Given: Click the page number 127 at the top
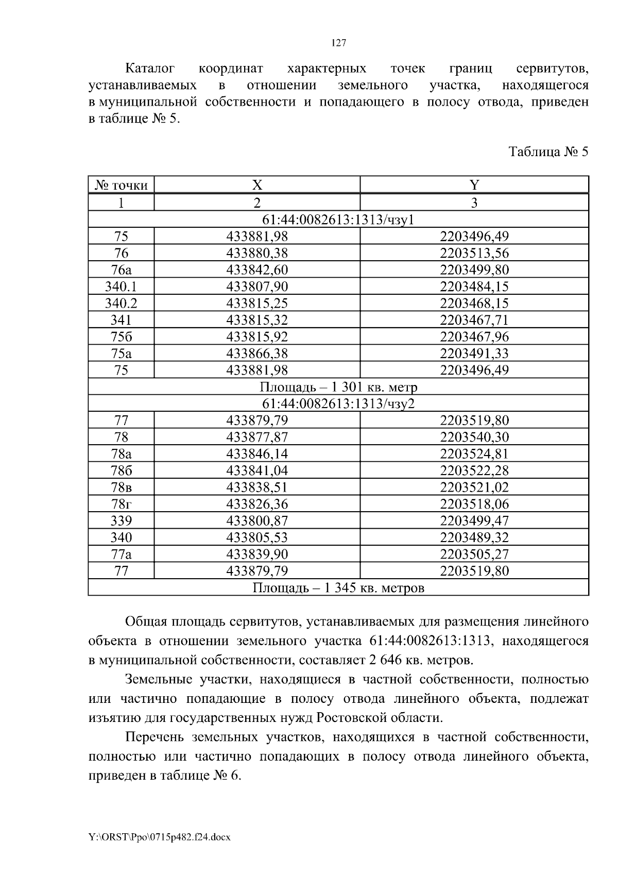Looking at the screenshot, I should point(338,43).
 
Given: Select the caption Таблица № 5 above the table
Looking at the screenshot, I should point(548,152).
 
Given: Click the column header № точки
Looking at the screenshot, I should point(122,186).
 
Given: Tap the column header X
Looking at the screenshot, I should point(257,186).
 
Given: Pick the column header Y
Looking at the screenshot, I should point(474,186).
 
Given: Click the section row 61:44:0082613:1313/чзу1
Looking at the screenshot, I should point(338,220).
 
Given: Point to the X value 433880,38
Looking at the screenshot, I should point(257,253).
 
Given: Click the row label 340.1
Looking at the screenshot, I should point(121,287).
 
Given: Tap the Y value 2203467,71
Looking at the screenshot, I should point(474,320).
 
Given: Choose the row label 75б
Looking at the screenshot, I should point(121,337).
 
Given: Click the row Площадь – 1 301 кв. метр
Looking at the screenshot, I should point(338,387).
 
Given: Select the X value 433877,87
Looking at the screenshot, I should point(257,437).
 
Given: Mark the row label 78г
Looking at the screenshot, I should point(121,504).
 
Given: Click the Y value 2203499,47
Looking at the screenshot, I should point(474,521).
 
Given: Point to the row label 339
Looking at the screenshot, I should point(121,521).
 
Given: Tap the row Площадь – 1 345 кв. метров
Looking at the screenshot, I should point(338,588).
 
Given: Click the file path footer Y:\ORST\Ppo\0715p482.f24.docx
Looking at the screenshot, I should point(160,837).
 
